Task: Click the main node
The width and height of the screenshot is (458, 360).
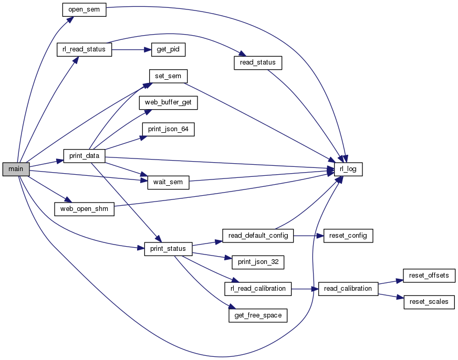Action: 16,169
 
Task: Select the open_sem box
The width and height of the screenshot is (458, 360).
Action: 84,10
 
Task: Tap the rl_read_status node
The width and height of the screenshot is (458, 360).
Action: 84,50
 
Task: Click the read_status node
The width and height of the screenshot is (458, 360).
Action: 258,62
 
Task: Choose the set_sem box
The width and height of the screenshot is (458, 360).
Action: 168,76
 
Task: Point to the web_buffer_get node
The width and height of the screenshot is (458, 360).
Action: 168,103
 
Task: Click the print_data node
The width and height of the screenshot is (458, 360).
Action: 84,156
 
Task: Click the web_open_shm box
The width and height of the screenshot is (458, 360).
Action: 84,209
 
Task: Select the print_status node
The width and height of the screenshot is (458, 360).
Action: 168,249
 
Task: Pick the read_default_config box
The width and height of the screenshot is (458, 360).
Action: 257,236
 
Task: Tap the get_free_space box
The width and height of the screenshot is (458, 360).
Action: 257,315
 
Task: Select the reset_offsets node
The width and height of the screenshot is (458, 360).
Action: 429,276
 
